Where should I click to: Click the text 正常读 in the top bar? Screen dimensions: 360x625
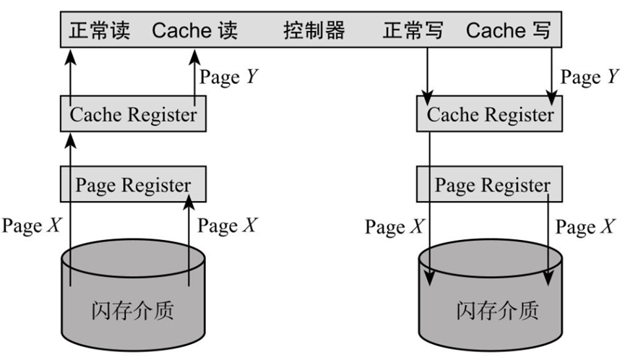(x=98, y=30)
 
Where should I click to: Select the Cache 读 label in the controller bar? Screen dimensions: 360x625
(x=194, y=30)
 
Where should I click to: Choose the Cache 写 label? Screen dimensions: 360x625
(x=509, y=30)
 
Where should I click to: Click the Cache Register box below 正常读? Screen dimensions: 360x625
(x=133, y=115)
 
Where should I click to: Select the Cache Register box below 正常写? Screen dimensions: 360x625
(x=490, y=115)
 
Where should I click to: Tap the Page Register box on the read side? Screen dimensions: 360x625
(x=133, y=184)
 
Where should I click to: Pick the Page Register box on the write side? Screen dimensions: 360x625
(x=490, y=184)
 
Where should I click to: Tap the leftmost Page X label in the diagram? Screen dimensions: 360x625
(x=32, y=226)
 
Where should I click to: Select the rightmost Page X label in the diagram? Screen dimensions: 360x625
(x=585, y=227)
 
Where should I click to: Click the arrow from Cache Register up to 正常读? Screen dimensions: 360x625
(x=70, y=72)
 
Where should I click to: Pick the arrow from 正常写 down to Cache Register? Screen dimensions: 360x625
(x=429, y=72)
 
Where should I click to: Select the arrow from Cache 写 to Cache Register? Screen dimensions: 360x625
(x=553, y=72)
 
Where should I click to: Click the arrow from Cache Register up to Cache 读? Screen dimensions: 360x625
(x=194, y=72)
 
